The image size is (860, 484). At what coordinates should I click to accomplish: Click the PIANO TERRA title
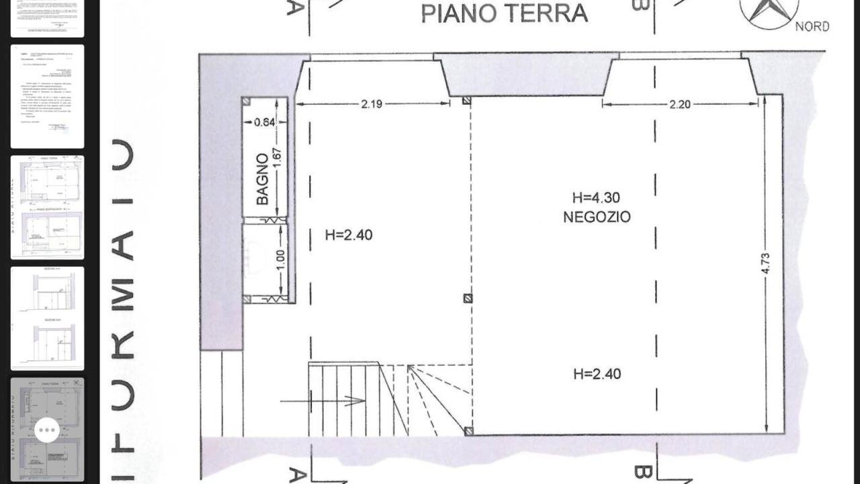[504, 13]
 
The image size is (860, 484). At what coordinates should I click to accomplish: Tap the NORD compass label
[812, 26]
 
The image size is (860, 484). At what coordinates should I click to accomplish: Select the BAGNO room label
[262, 179]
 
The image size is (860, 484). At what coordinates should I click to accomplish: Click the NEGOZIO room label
[597, 217]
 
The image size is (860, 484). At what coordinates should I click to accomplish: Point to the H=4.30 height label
[596, 198]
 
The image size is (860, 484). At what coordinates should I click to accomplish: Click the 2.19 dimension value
[372, 104]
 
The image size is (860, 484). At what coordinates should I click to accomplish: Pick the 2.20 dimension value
[680, 104]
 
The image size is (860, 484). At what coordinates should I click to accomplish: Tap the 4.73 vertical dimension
[766, 263]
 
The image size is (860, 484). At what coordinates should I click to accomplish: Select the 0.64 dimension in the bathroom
[265, 122]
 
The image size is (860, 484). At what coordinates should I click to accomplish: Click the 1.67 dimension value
[278, 159]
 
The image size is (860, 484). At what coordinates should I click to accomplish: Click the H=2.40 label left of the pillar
[348, 235]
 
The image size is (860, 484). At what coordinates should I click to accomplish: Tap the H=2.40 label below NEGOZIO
[597, 374]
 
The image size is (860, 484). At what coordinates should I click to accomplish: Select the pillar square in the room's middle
[468, 298]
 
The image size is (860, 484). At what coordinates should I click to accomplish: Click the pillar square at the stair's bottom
[468, 431]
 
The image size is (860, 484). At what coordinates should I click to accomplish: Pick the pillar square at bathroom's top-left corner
[247, 102]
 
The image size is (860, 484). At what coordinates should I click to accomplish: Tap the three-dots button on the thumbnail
[47, 430]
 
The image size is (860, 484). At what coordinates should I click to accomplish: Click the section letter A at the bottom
[296, 475]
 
